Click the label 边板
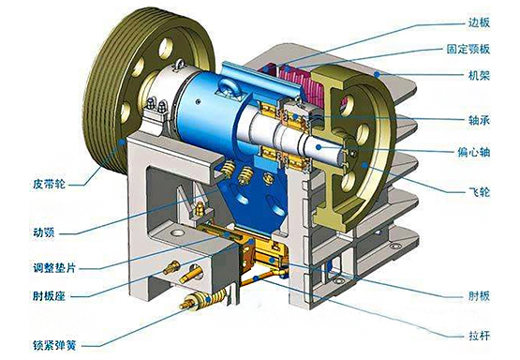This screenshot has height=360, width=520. (479, 22)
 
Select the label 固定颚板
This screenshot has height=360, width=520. (468, 49)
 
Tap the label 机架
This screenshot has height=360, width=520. (479, 76)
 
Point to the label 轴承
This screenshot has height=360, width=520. (479, 120)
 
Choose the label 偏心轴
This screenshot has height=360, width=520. (473, 152)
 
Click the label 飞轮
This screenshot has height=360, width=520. (479, 191)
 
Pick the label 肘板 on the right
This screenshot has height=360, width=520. (479, 295)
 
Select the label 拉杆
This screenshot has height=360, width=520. (479, 336)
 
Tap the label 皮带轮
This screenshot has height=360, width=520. (50, 184)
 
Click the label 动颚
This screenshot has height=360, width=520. (44, 232)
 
